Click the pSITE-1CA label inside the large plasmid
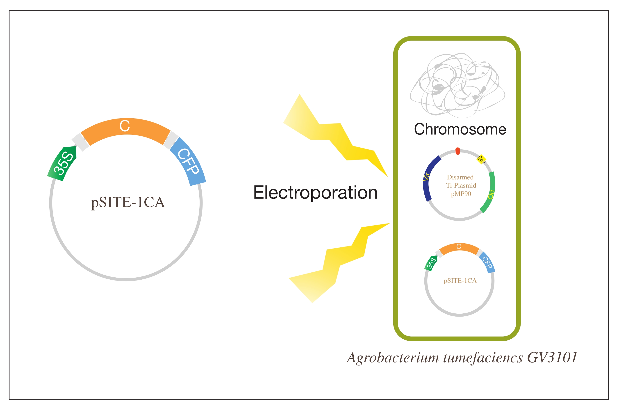tap(128, 203)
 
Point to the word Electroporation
tap(315, 193)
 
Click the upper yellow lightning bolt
tap(334, 137)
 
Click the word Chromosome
tap(460, 129)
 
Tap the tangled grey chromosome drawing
tap(457, 84)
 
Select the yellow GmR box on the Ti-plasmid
tap(481, 159)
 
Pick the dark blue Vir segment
tap(428, 179)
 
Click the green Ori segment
tap(490, 192)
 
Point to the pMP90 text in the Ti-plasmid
tap(461, 194)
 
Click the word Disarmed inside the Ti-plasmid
tap(460, 177)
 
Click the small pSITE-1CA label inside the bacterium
tap(460, 281)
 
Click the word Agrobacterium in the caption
tap(393, 358)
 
